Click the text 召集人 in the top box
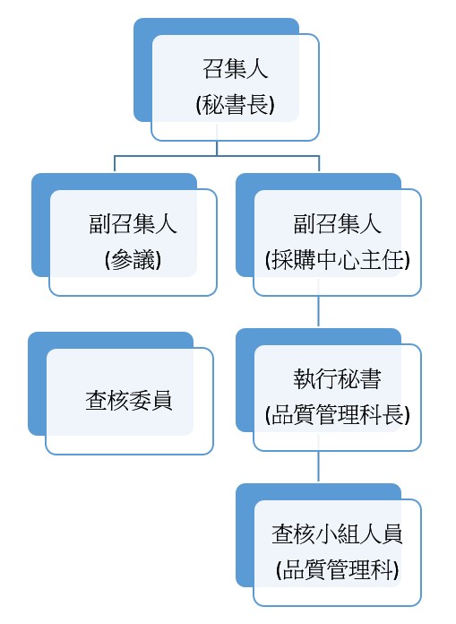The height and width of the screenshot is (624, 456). click(x=236, y=68)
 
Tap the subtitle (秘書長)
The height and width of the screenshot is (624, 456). click(x=236, y=104)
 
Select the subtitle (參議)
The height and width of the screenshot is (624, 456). click(x=133, y=260)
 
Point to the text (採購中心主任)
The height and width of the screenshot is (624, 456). click(x=337, y=260)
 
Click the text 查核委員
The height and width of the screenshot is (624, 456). click(x=129, y=401)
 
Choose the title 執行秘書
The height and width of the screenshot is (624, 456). click(x=337, y=379)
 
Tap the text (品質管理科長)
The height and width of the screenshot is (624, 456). click(x=337, y=415)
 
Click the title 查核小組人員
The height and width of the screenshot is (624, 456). click(x=337, y=534)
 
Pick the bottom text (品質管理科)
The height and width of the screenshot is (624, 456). click(x=337, y=570)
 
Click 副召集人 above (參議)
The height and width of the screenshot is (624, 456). click(x=133, y=223)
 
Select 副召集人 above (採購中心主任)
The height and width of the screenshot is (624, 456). click(x=337, y=223)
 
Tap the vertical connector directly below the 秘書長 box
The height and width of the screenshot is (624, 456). click(x=217, y=148)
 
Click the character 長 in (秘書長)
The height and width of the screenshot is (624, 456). click(x=258, y=104)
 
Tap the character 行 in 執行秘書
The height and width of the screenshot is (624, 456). click(x=326, y=379)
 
